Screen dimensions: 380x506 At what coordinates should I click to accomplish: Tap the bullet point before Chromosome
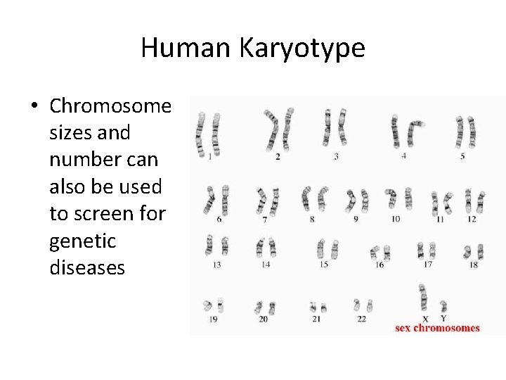click(x=34, y=107)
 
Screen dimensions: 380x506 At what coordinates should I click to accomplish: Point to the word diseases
click(x=87, y=267)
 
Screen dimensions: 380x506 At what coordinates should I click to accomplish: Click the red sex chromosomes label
click(x=437, y=327)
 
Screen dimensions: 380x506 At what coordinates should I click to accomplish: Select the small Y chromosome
click(x=443, y=307)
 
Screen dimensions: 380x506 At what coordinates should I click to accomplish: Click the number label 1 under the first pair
click(x=210, y=157)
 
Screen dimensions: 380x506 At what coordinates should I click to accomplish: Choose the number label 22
click(x=361, y=319)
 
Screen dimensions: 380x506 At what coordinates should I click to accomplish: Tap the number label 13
click(x=216, y=265)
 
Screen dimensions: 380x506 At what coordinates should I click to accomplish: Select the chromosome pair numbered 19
click(x=214, y=305)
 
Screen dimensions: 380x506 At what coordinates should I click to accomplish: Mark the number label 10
click(x=396, y=220)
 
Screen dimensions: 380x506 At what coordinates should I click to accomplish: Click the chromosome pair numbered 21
click(x=318, y=307)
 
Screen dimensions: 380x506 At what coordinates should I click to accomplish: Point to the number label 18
click(x=474, y=265)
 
